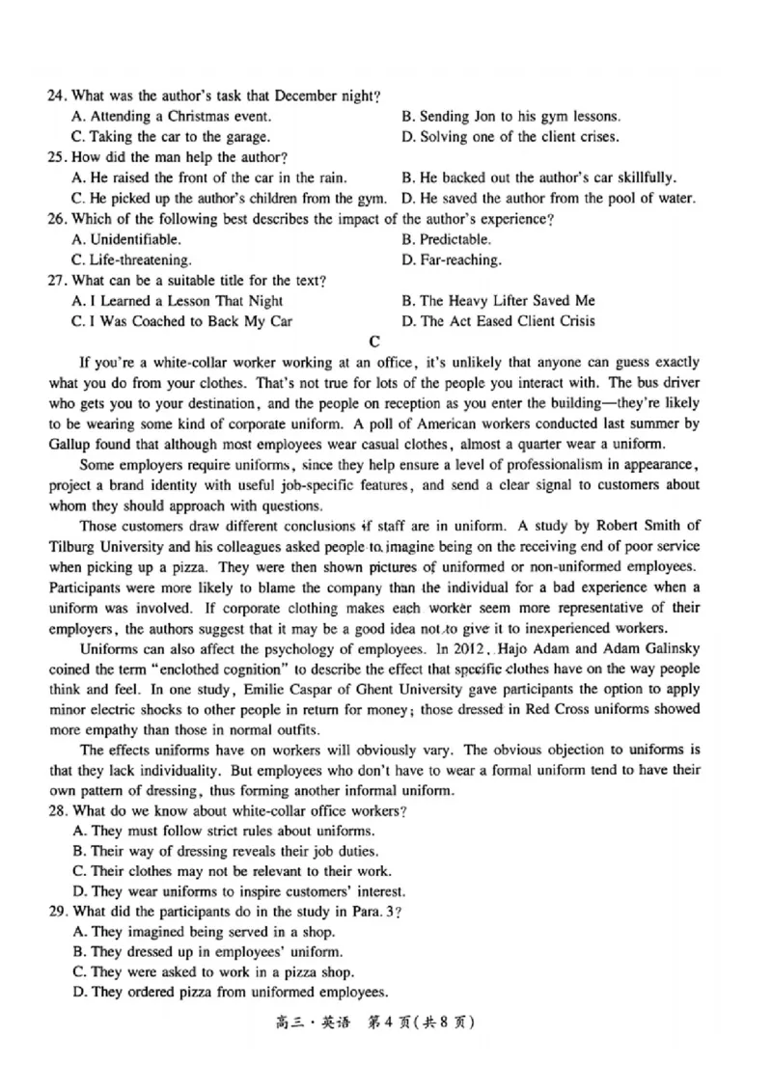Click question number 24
pyautogui.click(x=55, y=96)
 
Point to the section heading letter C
pyautogui.click(x=375, y=341)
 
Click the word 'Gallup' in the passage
pyautogui.click(x=70, y=444)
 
